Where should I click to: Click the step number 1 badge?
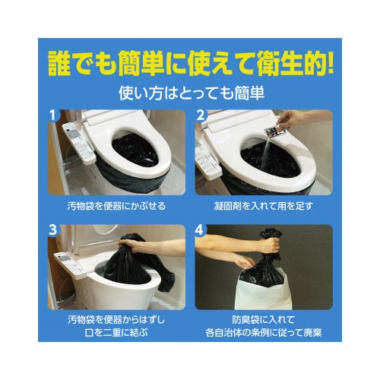[x=52, y=116]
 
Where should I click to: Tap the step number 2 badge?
[x=200, y=116]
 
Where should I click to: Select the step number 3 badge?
[x=52, y=230]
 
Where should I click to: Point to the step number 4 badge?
[x=200, y=230]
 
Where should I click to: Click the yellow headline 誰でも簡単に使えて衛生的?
[x=190, y=63]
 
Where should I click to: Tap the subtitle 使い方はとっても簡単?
[x=192, y=93]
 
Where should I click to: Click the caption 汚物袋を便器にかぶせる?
[x=116, y=206]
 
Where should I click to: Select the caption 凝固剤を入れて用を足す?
[x=264, y=206]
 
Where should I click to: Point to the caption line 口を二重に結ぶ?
[x=116, y=332]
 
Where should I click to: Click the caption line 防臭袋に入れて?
[x=264, y=320]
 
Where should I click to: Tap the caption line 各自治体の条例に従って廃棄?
[x=264, y=332]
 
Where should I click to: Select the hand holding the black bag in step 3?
[x=128, y=244]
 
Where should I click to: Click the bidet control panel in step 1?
[x=79, y=144]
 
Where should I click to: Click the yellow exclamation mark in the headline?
[x=330, y=63]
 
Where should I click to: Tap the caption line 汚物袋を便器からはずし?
[x=116, y=320]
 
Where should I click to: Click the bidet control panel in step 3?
[x=71, y=264]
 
